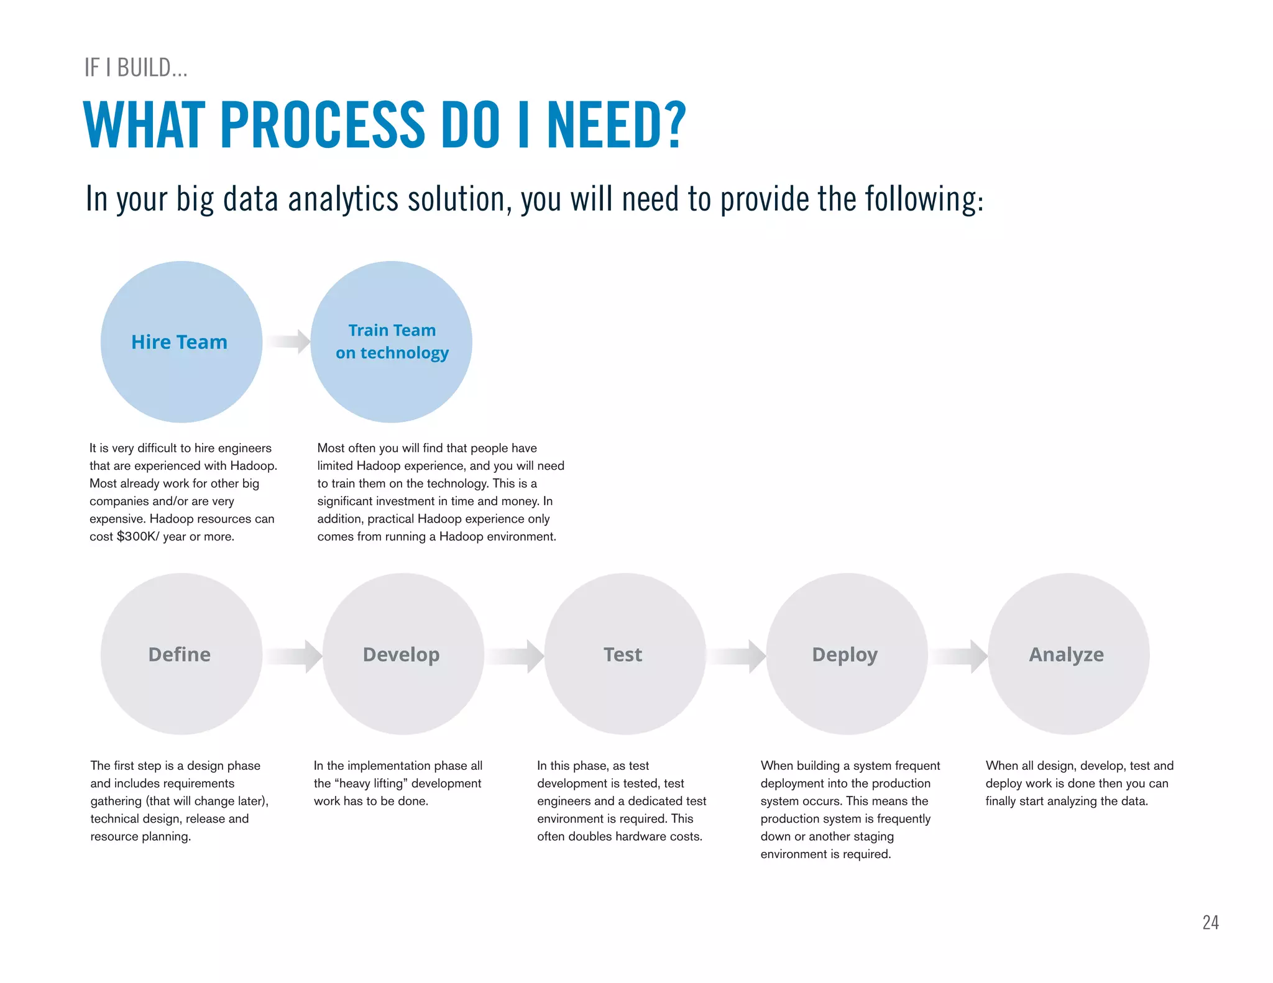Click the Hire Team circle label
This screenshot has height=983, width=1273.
tap(179, 342)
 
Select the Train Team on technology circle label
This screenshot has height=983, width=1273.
tap(392, 342)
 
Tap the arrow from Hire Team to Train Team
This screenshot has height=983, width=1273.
tap(290, 341)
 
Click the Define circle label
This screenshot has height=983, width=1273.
tap(179, 654)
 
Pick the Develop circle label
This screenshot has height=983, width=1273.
tap(401, 654)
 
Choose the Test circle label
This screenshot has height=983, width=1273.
tap(623, 654)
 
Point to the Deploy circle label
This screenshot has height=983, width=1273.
tap(845, 654)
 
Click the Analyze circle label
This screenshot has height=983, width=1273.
tap(1066, 654)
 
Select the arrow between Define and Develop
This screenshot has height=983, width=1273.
tap(293, 656)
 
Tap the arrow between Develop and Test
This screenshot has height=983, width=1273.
tap(515, 656)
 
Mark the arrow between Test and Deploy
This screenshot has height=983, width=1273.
tap(737, 656)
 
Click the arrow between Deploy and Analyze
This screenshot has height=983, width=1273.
tap(959, 656)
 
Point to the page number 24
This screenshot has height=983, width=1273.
tap(1210, 923)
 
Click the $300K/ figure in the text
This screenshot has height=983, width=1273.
tap(138, 536)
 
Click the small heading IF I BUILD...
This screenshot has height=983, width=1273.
tap(136, 68)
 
